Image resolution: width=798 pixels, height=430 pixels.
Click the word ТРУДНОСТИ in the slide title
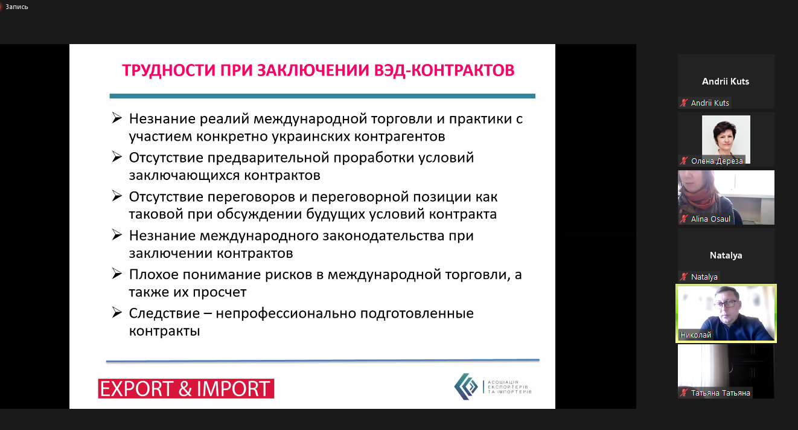(169, 70)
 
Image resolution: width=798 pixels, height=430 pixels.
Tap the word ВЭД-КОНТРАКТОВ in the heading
(444, 70)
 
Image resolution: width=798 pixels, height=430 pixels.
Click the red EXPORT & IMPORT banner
(186, 388)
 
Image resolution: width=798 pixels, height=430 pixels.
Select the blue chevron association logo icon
(466, 387)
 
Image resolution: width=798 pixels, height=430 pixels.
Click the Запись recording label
(16, 7)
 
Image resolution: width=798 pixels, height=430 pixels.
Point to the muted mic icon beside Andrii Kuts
(684, 103)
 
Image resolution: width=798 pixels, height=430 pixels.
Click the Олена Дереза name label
(717, 161)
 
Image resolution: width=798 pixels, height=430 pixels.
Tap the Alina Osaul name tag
(710, 219)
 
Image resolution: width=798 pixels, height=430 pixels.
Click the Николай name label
(695, 335)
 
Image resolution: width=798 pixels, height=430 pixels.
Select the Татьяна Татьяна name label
(720, 393)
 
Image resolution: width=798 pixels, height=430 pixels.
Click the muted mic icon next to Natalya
(684, 277)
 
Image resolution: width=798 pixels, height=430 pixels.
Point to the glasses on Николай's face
(727, 304)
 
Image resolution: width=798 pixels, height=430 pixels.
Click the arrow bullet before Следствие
(117, 312)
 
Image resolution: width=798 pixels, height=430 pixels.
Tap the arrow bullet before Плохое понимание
(117, 274)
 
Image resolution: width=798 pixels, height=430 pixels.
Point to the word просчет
(220, 292)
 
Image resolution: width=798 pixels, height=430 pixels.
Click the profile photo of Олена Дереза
(726, 137)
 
